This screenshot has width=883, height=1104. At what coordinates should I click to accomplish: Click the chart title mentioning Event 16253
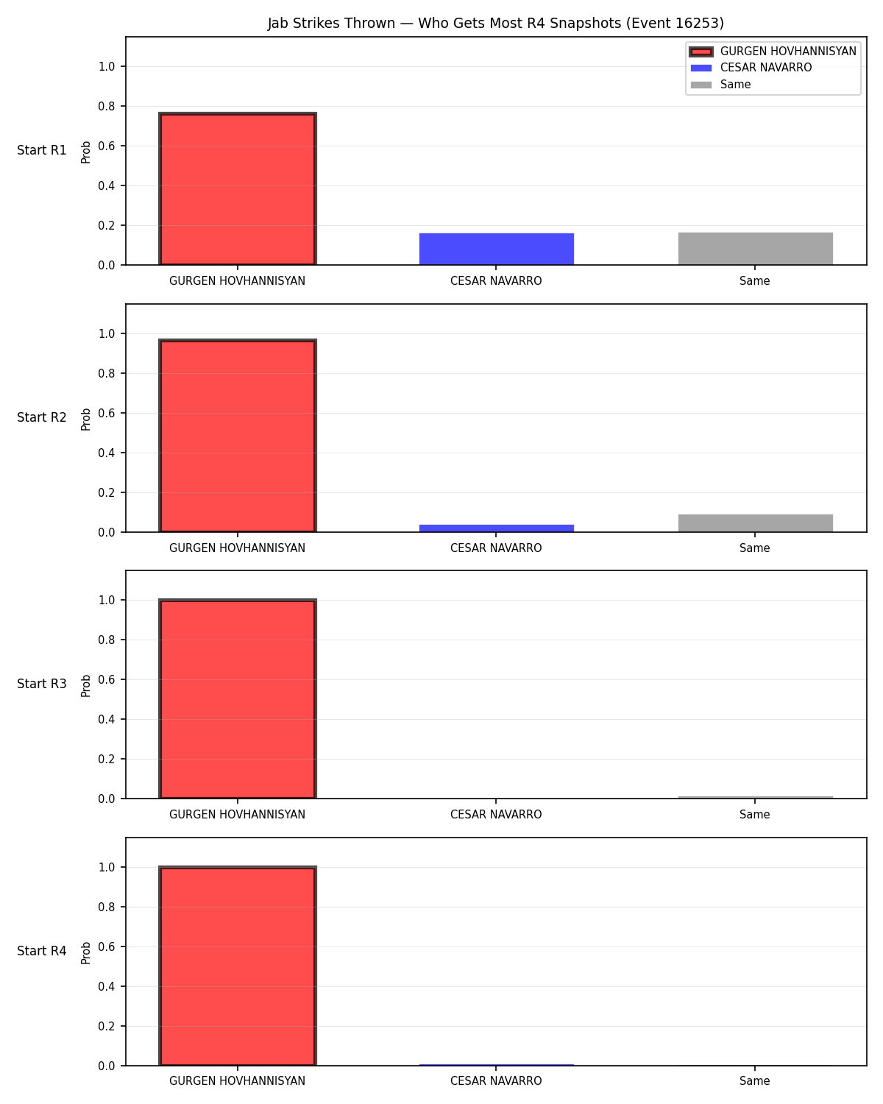pos(495,23)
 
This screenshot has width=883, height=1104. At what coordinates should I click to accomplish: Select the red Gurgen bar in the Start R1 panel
pos(237,188)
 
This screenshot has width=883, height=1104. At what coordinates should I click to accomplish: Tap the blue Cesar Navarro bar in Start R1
pos(496,249)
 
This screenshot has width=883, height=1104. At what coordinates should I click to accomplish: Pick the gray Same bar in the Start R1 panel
pos(755,248)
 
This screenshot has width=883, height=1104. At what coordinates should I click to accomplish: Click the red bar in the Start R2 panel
pos(237,435)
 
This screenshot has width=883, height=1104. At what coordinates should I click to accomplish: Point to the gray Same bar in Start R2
pos(755,523)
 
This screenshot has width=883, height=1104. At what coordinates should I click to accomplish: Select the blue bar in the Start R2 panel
pos(496,528)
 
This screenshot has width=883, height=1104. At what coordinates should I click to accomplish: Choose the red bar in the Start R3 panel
pos(237,698)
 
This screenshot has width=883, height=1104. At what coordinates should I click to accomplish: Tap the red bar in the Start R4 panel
pos(237,966)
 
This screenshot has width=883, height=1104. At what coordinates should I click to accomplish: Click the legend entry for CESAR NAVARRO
pos(751,68)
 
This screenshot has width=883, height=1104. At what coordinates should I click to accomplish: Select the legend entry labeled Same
pos(720,85)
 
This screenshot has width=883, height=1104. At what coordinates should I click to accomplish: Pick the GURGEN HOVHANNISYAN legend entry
pos(772,52)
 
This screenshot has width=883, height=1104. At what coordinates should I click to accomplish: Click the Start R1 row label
pos(41,150)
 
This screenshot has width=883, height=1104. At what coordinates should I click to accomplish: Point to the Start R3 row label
pos(41,684)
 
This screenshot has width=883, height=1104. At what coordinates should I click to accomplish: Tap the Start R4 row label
pos(41,951)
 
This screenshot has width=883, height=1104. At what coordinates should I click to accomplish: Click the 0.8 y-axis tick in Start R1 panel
pos(106,106)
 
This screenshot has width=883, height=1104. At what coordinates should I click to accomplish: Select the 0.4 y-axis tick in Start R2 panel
pos(106,453)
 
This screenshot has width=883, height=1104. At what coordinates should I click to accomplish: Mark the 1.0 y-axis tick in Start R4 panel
pos(106,868)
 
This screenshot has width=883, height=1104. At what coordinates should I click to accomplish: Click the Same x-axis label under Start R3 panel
pos(754,815)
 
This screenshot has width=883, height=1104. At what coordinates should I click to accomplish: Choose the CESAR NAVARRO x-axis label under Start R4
pos(496,1081)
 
